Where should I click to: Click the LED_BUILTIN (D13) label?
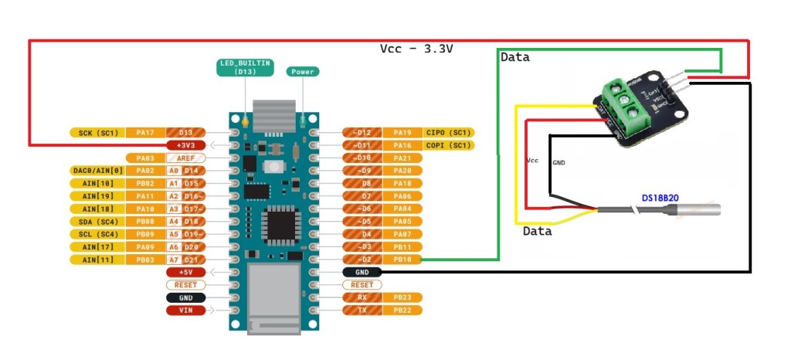244,68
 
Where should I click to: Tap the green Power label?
302,72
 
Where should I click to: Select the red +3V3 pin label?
186,145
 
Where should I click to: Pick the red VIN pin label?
186,310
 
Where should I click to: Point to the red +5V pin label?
186,272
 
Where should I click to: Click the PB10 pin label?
402,260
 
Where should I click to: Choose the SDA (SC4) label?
96,221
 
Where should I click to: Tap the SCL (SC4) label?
96,234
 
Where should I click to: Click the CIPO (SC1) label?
449,133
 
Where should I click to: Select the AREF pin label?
186,158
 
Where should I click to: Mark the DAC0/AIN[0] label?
96,171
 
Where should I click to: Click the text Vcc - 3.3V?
416,49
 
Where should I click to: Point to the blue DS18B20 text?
660,198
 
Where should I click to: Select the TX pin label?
362,310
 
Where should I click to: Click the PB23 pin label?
402,297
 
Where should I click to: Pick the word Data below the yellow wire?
538,231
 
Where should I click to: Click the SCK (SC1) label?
96,133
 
